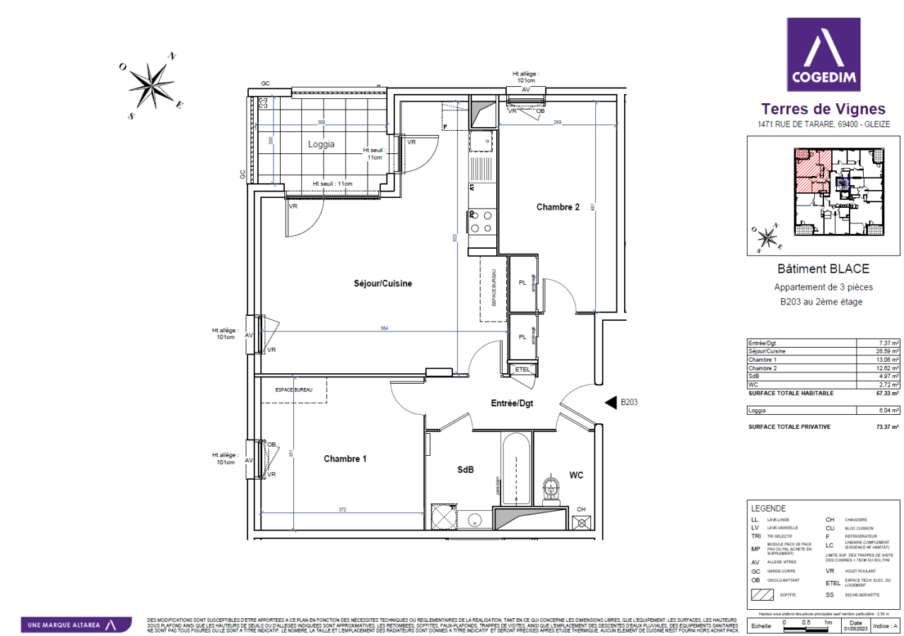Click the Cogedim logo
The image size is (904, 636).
823,55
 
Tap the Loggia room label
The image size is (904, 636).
321,144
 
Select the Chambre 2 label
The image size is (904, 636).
558,207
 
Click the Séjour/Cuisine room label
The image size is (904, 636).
382,283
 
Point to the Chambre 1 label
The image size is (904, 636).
345,459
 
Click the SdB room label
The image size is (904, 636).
465,470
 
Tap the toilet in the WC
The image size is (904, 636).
551,488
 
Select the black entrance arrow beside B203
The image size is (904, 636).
610,403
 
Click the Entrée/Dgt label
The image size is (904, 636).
512,403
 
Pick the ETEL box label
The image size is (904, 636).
523,369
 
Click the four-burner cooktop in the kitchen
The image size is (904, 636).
481,221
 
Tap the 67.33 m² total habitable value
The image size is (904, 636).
886,393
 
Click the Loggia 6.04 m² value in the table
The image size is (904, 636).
886,410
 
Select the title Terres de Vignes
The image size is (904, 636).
823,109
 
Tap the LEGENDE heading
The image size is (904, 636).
768,508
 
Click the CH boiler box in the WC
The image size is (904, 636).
582,522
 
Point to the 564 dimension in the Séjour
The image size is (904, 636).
384,328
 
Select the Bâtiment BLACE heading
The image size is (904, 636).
823,269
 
